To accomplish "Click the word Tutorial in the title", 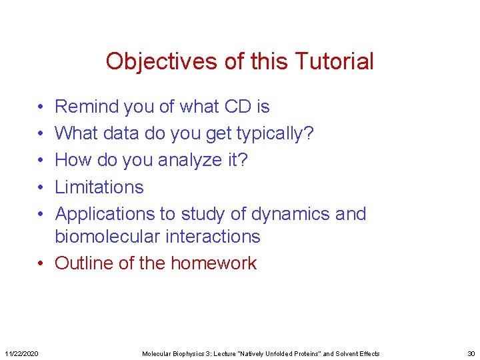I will (336, 62).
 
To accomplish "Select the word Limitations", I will (99, 187).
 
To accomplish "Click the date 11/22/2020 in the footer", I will (21, 353).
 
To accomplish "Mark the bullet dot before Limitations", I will (41, 187).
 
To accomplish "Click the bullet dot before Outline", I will (41, 263).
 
